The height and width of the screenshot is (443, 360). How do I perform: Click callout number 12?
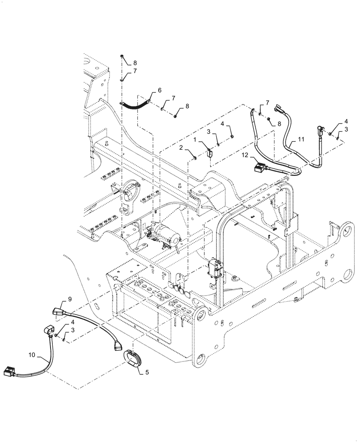pos(246,155)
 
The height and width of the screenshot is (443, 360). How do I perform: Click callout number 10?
pos(32,355)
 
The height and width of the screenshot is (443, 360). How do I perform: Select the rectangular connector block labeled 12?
pos(258,167)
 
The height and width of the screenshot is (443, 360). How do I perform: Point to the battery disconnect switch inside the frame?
pos(215,269)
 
